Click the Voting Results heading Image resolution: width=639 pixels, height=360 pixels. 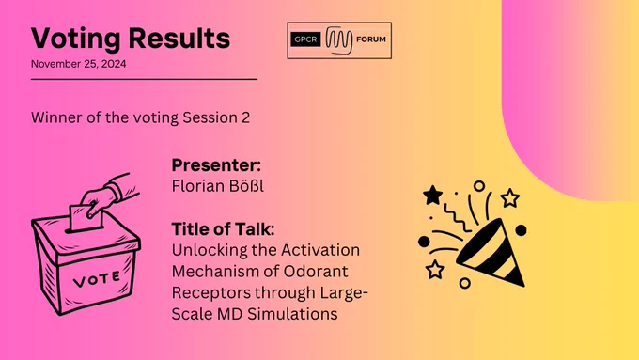[131, 39]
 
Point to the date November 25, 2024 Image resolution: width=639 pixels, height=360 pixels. [79, 64]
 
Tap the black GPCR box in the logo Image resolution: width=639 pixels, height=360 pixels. [305, 39]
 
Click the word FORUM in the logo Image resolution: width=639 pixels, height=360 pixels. [371, 39]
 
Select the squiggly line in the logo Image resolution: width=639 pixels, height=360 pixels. [339, 40]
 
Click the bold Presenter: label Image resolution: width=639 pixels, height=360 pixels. [216, 165]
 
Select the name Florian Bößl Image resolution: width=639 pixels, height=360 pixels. [218, 186]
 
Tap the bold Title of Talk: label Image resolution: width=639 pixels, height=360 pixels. [223, 228]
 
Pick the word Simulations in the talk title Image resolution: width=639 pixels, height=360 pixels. [292, 314]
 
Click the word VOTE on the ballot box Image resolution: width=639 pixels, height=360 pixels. [97, 279]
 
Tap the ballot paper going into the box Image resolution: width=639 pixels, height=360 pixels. [86, 218]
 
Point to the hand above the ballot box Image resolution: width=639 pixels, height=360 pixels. [109, 196]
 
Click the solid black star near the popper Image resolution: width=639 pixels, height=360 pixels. [433, 195]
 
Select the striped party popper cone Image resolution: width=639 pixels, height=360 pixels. [492, 254]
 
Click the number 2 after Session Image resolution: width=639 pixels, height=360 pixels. [245, 117]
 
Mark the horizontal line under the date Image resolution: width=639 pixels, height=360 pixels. [145, 79]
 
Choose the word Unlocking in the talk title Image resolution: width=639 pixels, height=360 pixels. [208, 250]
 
